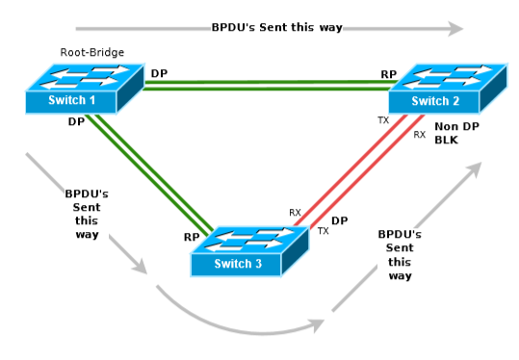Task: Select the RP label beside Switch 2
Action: click(x=388, y=73)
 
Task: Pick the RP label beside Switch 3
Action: click(x=192, y=236)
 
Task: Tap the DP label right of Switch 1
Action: click(x=159, y=73)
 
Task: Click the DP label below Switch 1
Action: click(x=76, y=122)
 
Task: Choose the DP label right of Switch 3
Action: click(x=339, y=220)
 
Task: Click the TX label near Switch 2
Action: click(x=383, y=120)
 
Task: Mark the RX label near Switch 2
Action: click(x=419, y=135)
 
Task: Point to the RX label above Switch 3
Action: click(x=295, y=212)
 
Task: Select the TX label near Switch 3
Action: click(x=323, y=231)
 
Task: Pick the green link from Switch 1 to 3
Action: click(x=154, y=173)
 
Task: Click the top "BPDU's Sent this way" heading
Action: click(x=276, y=27)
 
